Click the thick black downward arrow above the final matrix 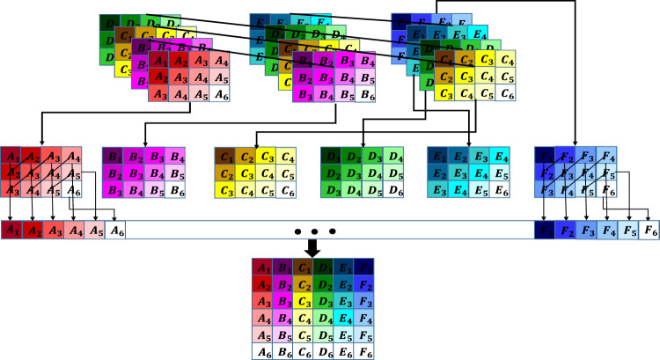click(309, 250)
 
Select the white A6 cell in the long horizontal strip click(116, 230)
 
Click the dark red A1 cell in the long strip click(11, 230)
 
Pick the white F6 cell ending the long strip click(650, 231)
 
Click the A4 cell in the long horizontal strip click(74, 230)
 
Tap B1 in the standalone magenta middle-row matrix click(112, 157)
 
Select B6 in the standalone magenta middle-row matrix click(177, 190)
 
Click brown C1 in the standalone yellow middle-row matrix click(224, 157)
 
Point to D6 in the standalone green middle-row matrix click(397, 190)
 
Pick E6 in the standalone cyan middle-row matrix click(502, 190)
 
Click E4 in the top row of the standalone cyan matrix click(502, 157)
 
